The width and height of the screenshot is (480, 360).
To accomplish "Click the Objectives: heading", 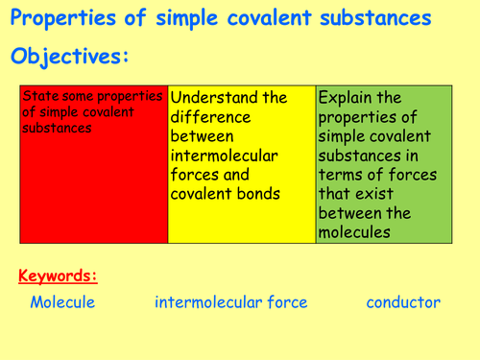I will point(69,57).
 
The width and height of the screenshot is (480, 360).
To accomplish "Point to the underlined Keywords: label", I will point(58,276).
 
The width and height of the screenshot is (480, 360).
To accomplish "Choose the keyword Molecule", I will point(62,302).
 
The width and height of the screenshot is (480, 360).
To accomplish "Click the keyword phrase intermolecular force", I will point(231,302).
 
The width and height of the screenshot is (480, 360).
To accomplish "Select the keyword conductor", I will point(403,302).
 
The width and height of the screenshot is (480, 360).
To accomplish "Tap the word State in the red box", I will point(37,96).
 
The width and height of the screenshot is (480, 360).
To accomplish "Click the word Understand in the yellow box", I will point(215,97).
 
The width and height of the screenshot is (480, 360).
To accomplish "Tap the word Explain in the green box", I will point(347,97).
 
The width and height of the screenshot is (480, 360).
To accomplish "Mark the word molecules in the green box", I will point(356,231).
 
